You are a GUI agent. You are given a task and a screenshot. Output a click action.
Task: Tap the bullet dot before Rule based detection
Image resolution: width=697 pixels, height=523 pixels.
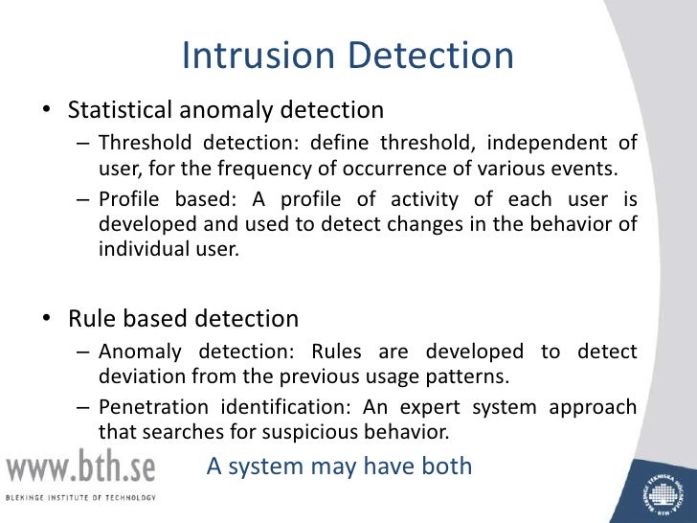pyautogui.click(x=45, y=318)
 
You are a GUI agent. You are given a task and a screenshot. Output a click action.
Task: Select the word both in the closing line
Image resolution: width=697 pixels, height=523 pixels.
pyautogui.click(x=446, y=466)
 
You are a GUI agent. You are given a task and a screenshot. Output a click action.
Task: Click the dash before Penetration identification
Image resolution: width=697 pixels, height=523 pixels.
pyautogui.click(x=82, y=407)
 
